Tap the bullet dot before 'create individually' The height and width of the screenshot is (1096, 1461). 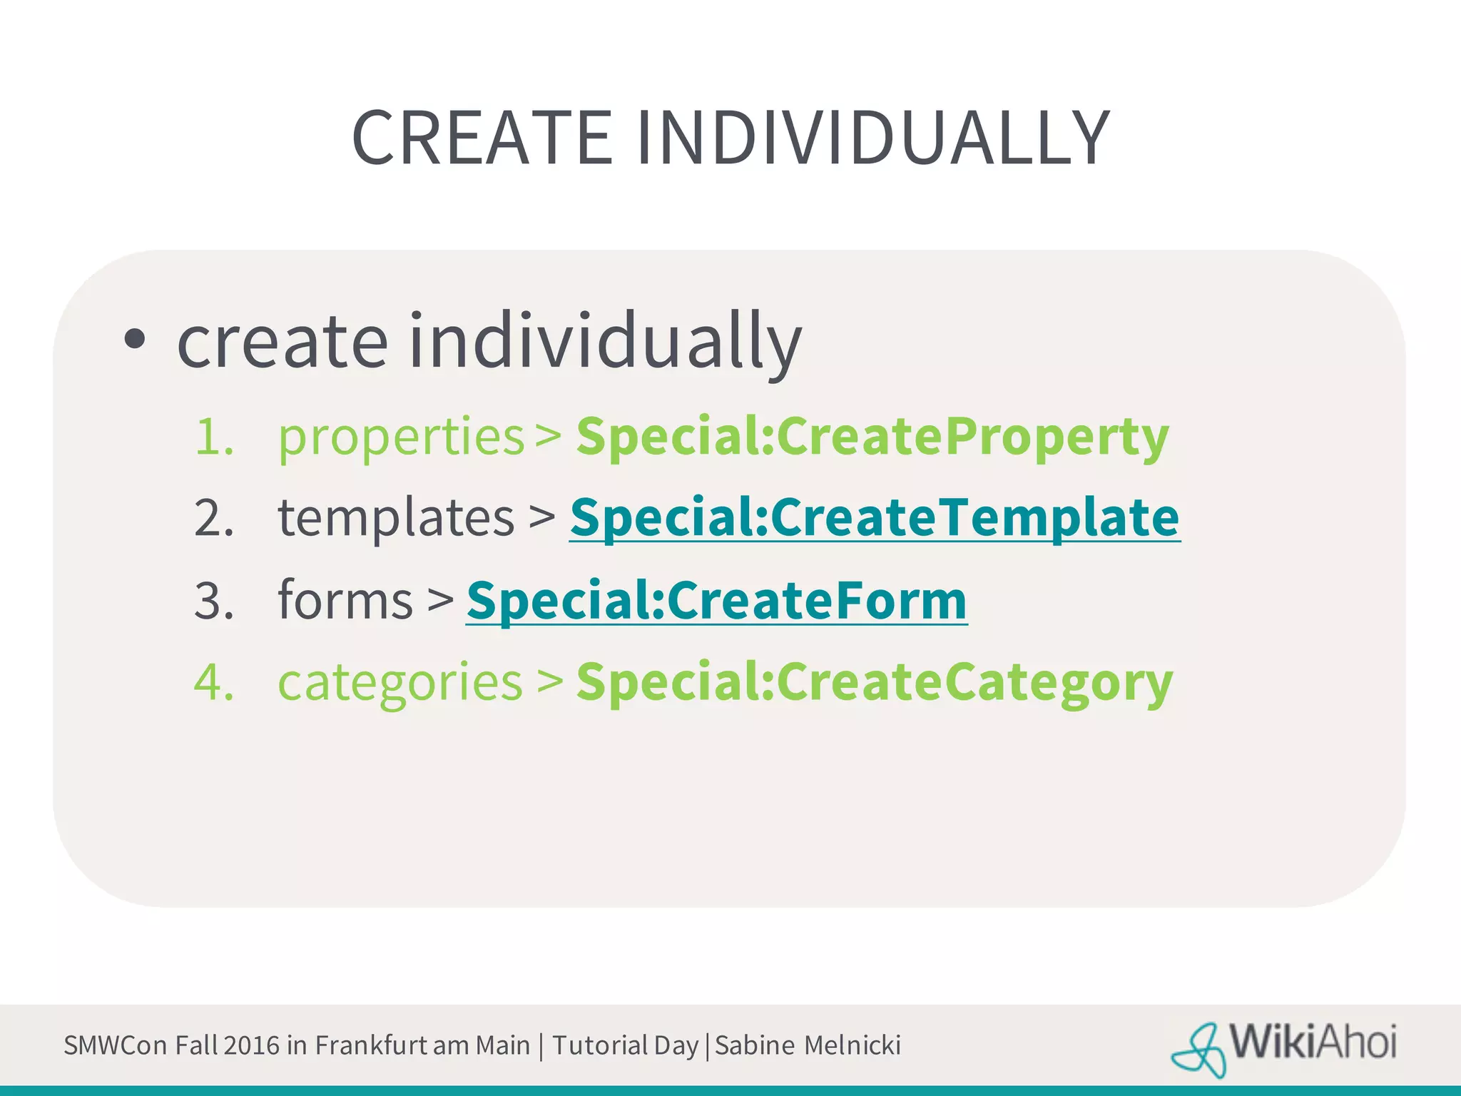pos(134,340)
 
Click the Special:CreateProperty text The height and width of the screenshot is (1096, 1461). pos(872,436)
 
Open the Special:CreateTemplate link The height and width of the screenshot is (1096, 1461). pos(875,517)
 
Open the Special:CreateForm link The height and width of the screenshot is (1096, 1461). pos(716,600)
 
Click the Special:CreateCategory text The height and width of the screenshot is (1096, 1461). pos(874,682)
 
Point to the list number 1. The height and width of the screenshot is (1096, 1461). pos(213,437)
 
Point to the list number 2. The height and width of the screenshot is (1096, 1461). pos(213,518)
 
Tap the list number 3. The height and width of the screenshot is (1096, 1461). pos(213,601)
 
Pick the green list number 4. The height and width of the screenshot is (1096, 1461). pos(213,682)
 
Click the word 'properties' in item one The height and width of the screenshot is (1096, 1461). pos(401,437)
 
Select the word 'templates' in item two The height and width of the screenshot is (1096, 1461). pos(396,518)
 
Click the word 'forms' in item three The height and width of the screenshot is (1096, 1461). pos(345,601)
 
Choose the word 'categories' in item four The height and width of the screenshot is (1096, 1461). pos(400,682)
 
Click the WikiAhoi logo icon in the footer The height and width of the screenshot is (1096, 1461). pos(1198,1047)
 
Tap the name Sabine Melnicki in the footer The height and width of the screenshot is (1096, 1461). pos(808,1045)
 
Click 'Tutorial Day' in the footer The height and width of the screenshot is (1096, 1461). pos(625,1045)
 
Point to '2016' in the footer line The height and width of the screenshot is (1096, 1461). pos(251,1045)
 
